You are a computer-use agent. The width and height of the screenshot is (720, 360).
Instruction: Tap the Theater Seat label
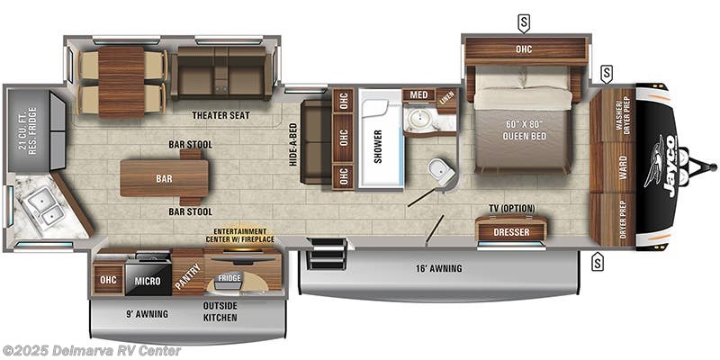tap(220, 116)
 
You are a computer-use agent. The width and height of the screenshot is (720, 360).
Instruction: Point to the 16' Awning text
tap(439, 268)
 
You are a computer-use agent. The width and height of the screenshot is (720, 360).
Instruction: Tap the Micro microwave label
tap(148, 281)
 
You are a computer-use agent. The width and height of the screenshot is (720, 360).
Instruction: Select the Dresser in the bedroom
tap(510, 232)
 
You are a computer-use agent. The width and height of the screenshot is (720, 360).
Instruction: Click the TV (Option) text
tap(510, 208)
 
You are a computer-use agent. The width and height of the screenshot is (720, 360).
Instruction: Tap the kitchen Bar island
tap(164, 178)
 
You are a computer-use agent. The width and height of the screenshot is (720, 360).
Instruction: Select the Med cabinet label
tap(418, 95)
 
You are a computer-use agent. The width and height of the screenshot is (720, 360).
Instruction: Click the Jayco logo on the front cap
tap(661, 161)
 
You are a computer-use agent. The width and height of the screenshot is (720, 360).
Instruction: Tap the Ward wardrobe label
tap(623, 166)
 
